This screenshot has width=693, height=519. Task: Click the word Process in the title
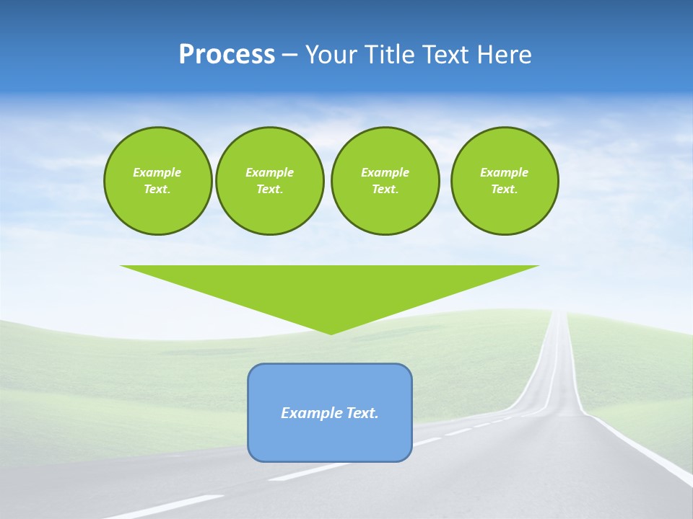click(x=227, y=55)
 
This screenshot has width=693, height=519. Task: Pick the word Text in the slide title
click(x=448, y=55)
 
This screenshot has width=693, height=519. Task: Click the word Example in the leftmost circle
click(x=157, y=172)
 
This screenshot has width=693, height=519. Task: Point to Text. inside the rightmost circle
click(x=505, y=189)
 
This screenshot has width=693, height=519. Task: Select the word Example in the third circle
click(x=385, y=172)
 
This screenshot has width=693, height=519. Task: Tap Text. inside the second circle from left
click(x=269, y=189)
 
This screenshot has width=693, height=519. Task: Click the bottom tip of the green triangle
click(x=331, y=332)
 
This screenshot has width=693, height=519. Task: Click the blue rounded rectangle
click(x=330, y=440)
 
